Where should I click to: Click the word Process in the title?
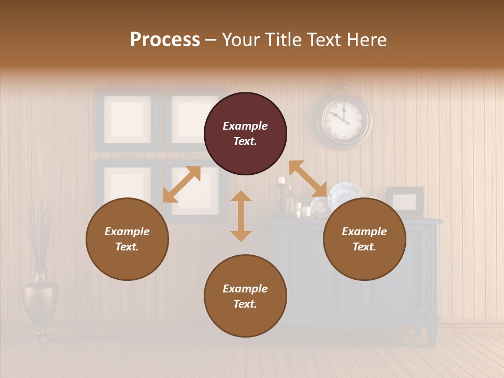165,40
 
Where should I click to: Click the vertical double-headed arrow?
241,216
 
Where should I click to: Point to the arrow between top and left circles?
182,184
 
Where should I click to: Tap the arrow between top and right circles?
308,179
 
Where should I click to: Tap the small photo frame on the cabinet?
405,201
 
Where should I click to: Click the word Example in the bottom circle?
245,289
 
